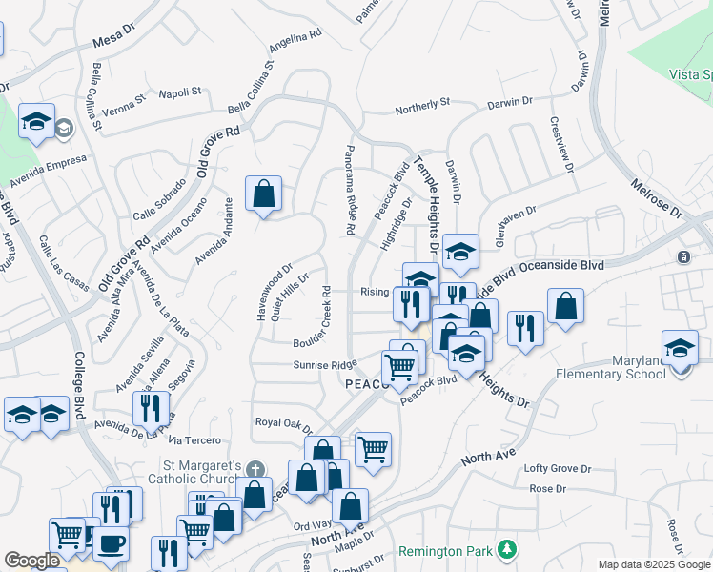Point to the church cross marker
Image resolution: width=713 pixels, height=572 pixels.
tap(254, 469)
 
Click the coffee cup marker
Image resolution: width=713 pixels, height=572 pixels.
tap(111, 543)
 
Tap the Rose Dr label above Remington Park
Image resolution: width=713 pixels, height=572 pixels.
tap(547, 489)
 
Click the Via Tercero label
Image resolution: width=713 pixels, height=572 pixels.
tap(194, 440)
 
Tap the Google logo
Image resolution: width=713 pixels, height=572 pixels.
tap(31, 561)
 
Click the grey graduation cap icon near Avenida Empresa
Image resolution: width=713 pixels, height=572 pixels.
tap(64, 128)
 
